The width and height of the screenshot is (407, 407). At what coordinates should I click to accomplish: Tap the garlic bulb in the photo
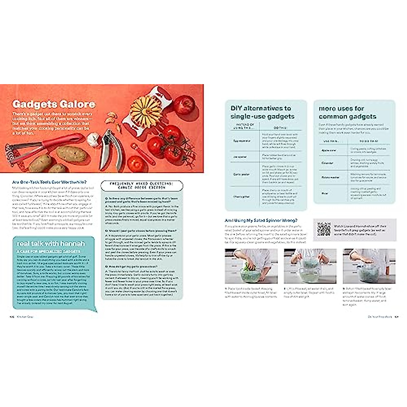click(x=93, y=139)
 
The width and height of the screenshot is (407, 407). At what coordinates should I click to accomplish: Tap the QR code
click(x=324, y=229)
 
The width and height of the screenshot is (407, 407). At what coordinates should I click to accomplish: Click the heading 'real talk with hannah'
click(x=51, y=244)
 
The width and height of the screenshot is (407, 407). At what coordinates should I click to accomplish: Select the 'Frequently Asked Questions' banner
click(x=141, y=185)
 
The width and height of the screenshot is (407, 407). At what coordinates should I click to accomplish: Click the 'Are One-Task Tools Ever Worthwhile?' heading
click(x=49, y=182)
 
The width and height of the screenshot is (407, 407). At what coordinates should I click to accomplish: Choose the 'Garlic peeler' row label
click(x=241, y=174)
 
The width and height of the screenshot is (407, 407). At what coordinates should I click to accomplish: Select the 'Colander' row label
click(x=327, y=163)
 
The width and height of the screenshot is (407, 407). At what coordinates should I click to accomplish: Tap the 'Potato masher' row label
click(x=330, y=177)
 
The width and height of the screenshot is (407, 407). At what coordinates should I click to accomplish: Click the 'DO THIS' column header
click(x=280, y=128)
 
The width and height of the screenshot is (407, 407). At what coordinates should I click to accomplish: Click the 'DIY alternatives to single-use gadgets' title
click(x=263, y=112)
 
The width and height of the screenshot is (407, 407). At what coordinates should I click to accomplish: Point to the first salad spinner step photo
click(x=251, y=266)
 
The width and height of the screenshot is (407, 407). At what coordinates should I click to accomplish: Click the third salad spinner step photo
click(x=369, y=266)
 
